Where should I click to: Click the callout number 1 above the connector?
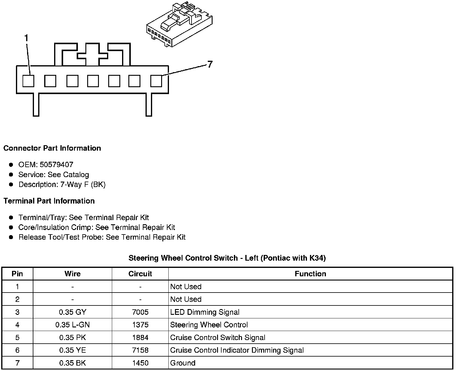pyautogui.click(x=26, y=38)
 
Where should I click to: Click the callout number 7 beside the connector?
pyautogui.click(x=210, y=64)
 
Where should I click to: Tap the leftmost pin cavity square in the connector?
pyautogui.click(x=29, y=81)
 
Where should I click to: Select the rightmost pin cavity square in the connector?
pyautogui.click(x=156, y=81)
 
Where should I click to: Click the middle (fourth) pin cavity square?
pyautogui.click(x=93, y=81)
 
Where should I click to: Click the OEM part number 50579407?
pyautogui.click(x=57, y=164)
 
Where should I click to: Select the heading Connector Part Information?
pyautogui.click(x=52, y=148)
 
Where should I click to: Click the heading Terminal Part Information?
pyautogui.click(x=49, y=201)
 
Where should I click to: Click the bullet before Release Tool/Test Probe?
pyautogui.click(x=11, y=237)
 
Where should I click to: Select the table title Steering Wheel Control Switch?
pyautogui.click(x=227, y=258)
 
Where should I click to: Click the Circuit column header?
pyautogui.click(x=140, y=274)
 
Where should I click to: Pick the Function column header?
pyautogui.click(x=310, y=274)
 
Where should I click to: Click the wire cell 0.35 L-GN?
pyautogui.click(x=72, y=325)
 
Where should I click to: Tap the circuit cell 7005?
pyautogui.click(x=140, y=312)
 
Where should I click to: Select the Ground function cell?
pyautogui.click(x=183, y=363)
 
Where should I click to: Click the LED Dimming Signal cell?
pyautogui.click(x=205, y=312)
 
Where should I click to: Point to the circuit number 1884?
pyautogui.click(x=140, y=337)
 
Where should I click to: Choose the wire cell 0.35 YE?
pyautogui.click(x=72, y=350)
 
